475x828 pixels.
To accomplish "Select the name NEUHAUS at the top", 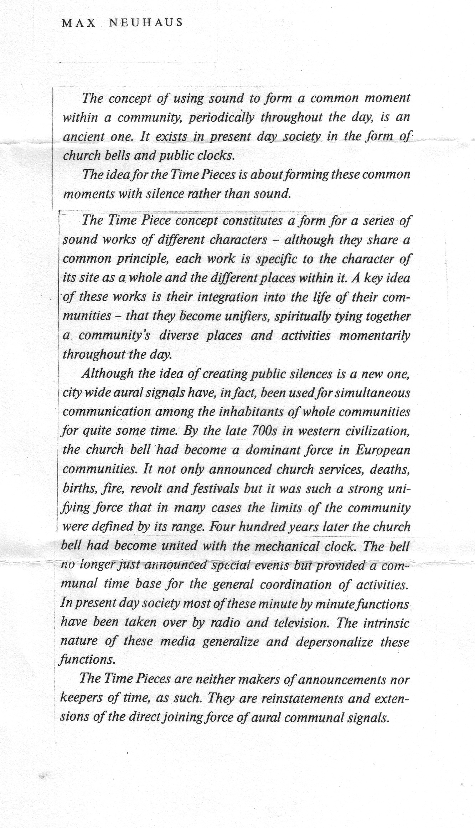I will [146, 23].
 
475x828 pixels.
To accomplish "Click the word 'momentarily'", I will [375, 336].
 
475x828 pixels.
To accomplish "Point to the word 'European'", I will [383, 451].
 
